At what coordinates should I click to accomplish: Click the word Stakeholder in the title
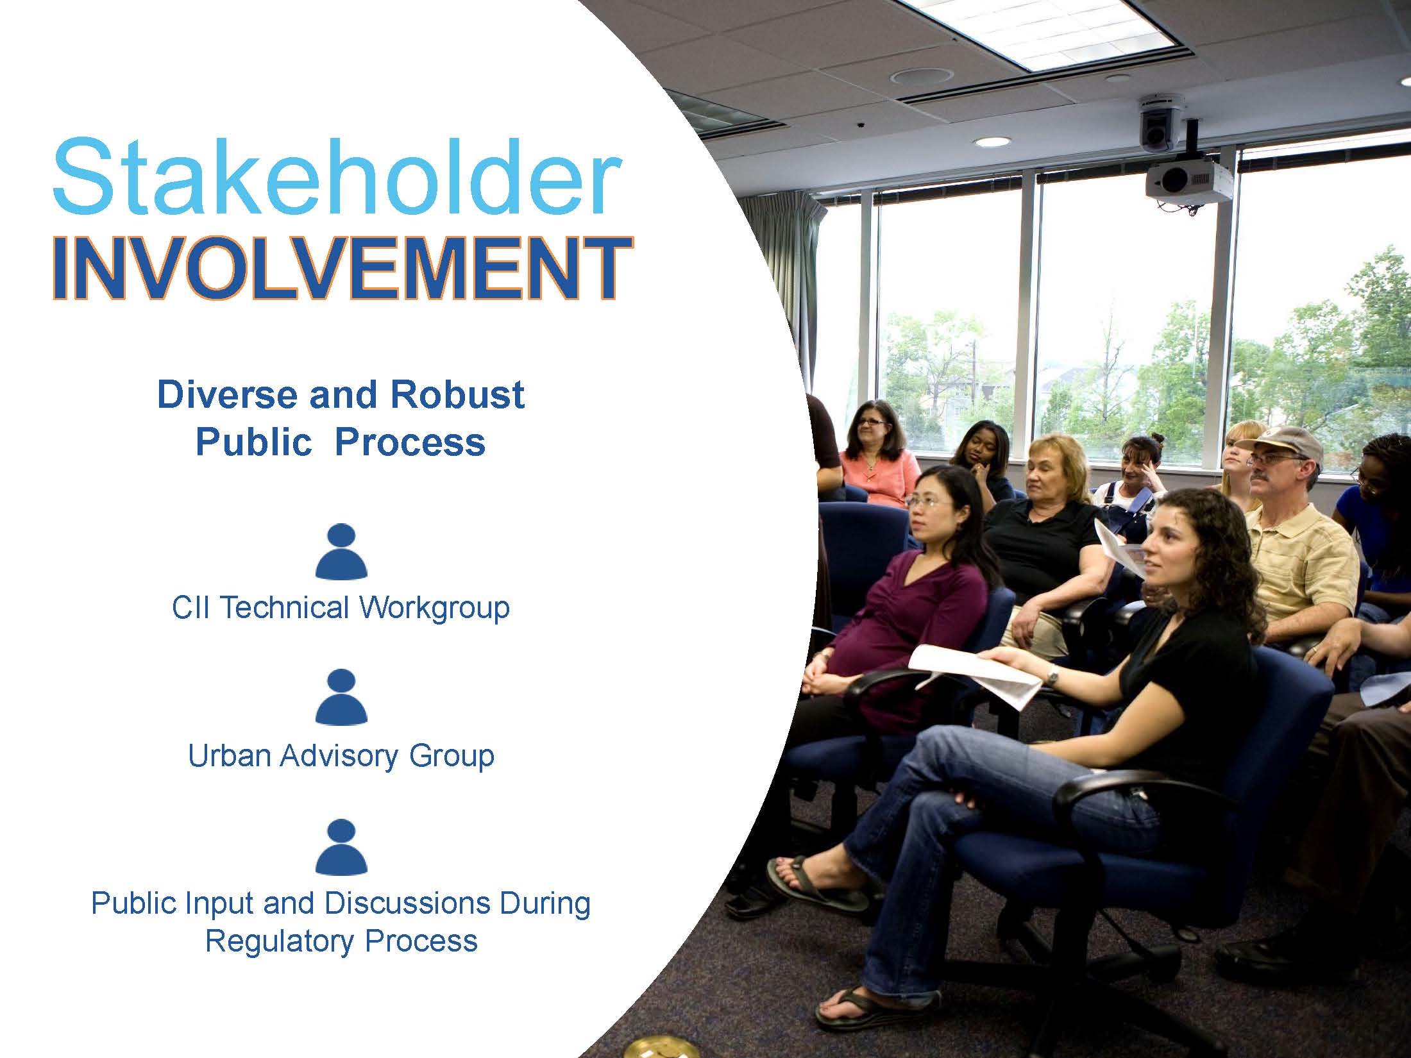(x=337, y=174)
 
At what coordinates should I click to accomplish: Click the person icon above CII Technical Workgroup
(x=341, y=551)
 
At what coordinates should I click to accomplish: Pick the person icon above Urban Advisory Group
(x=341, y=697)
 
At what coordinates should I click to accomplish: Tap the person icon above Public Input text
(x=341, y=846)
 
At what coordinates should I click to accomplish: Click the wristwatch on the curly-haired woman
(x=1052, y=674)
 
